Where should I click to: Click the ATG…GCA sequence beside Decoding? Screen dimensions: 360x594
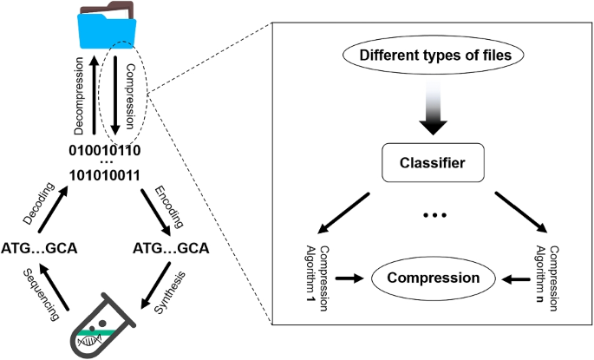pyautogui.click(x=39, y=248)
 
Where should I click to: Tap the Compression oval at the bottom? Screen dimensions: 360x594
pyautogui.click(x=433, y=278)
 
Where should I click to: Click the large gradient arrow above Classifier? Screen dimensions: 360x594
pyautogui.click(x=433, y=110)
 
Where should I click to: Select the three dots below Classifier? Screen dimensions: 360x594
pyautogui.click(x=433, y=214)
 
